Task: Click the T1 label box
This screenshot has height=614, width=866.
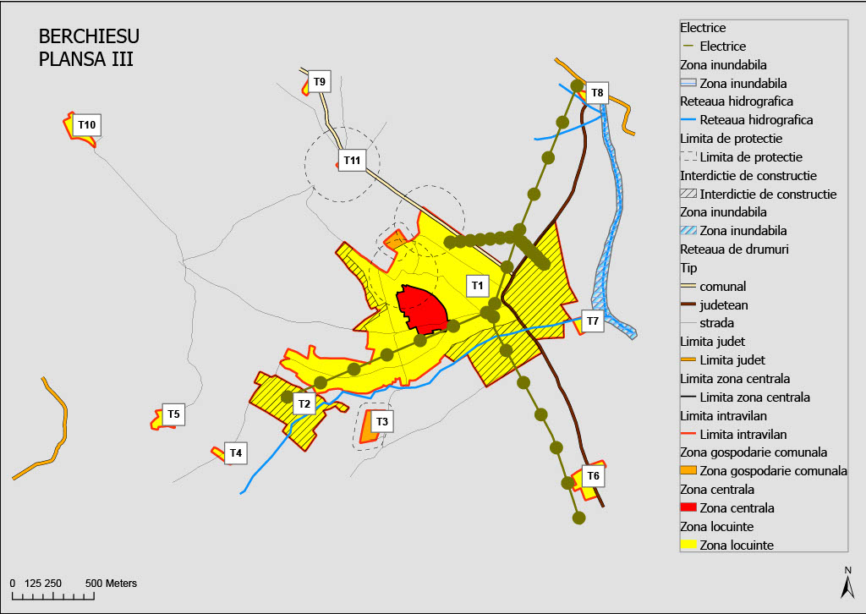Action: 478,285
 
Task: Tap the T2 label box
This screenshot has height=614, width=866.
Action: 304,403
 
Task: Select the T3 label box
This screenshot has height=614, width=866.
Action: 381,421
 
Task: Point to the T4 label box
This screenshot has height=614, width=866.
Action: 236,453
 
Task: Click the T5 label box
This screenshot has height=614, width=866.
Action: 173,414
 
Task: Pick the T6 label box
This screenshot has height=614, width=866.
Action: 593,476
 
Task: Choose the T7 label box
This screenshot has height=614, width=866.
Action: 592,321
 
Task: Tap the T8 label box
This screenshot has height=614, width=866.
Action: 597,92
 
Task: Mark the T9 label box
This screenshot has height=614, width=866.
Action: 319,82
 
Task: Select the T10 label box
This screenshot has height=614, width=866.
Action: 87,125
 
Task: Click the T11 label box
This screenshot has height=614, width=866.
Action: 352,160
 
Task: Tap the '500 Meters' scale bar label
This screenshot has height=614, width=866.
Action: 111,584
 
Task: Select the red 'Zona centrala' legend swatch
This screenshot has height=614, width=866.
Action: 689,508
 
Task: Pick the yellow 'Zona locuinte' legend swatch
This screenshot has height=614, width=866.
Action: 689,545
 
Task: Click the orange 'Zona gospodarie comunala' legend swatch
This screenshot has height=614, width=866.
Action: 689,471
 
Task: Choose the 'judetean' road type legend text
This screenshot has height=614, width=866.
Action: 723,304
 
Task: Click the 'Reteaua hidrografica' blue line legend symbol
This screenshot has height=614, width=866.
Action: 689,120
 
